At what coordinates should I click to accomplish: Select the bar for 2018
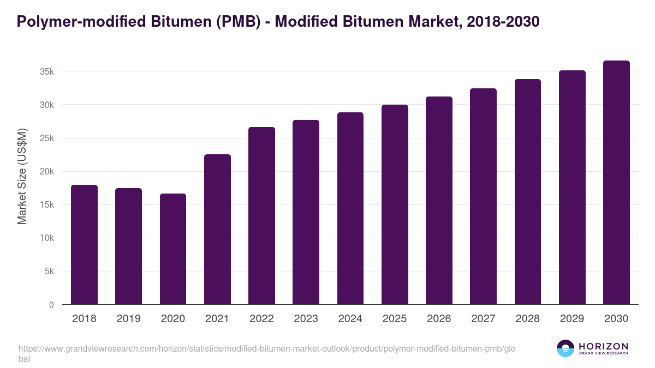point(84,245)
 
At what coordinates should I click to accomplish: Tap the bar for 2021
point(217,230)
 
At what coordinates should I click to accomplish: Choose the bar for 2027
point(483,196)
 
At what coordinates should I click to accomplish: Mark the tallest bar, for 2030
point(616,183)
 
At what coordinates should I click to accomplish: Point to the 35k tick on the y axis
point(46,71)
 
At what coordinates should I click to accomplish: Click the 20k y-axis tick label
point(46,171)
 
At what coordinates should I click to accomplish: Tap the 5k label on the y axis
point(49,272)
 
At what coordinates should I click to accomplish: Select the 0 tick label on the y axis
point(51,305)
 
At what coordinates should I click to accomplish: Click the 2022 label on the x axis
point(261,319)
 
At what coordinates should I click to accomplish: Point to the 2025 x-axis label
point(395,319)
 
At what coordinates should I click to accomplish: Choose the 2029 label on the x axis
point(572,319)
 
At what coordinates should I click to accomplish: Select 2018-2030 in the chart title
point(504,21)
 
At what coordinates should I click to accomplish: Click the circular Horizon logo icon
point(565,349)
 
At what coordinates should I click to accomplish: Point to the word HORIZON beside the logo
point(603,346)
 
